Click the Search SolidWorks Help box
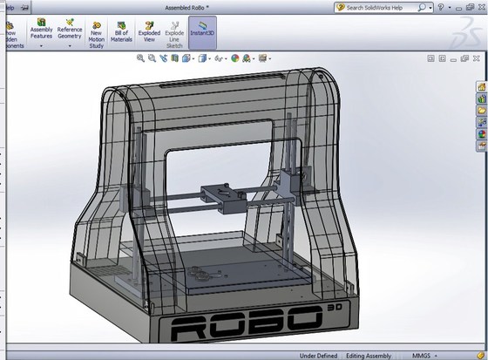[x=384, y=7]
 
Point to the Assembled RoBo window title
[x=192, y=7]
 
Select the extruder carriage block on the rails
[x=222, y=199]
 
